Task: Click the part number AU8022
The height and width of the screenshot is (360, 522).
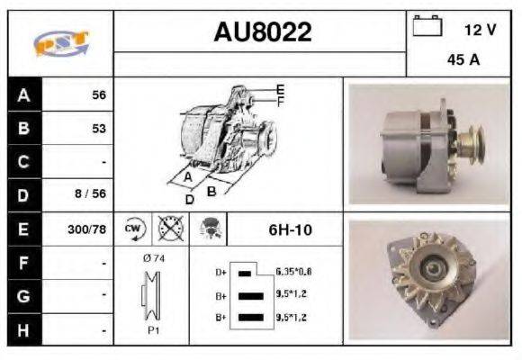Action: (x=262, y=33)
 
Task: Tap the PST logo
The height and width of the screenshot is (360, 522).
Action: (x=60, y=43)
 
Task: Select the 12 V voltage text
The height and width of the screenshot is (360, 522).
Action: (x=480, y=29)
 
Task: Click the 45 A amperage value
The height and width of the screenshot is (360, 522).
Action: (x=462, y=61)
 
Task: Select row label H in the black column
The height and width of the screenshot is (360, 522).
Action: (x=22, y=330)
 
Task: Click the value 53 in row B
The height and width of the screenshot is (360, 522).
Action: (x=98, y=129)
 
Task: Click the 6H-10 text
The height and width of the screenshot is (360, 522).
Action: (x=290, y=229)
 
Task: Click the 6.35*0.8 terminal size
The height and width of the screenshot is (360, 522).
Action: (x=294, y=271)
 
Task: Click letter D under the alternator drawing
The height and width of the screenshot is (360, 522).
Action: (x=189, y=198)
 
